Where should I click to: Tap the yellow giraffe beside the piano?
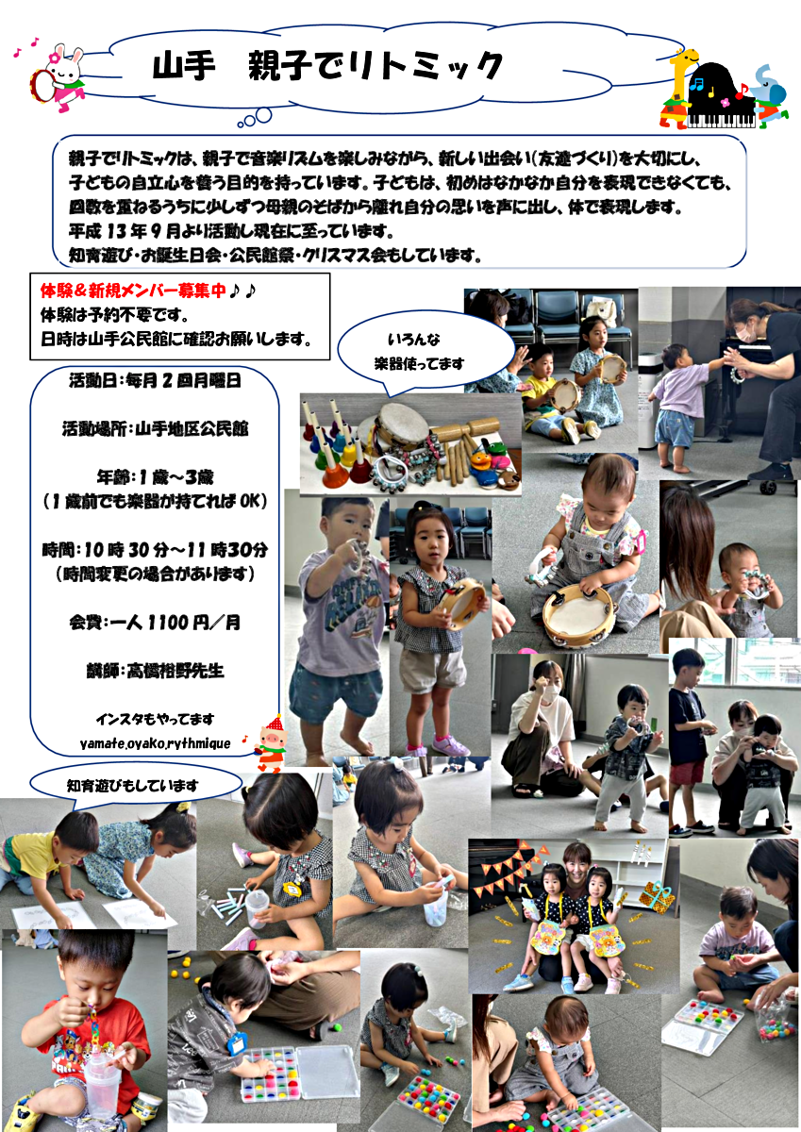[x=678, y=89]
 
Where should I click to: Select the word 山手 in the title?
[x=184, y=66]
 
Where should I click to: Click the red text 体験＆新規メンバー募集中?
[x=133, y=291]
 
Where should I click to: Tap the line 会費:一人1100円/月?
[x=155, y=623]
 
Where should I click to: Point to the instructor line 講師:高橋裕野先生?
[x=155, y=671]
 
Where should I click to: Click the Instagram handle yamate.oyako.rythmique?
[x=155, y=743]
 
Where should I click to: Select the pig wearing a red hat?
[x=271, y=744]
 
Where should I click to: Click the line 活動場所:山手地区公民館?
[x=155, y=429]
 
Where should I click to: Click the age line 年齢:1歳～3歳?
[x=155, y=477]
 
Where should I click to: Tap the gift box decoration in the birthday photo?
[x=656, y=897]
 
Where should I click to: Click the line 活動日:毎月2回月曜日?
[x=155, y=380]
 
